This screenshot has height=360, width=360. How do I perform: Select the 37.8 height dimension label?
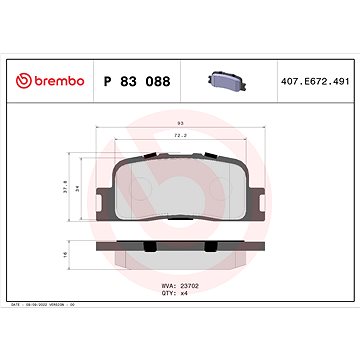tap(66, 184)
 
